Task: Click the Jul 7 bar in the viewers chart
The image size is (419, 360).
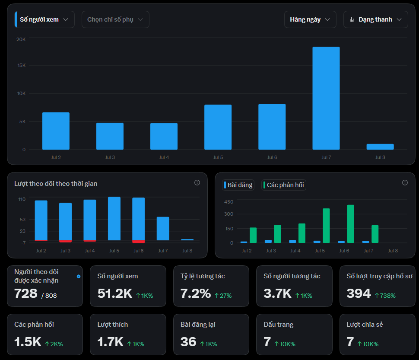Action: [326, 98]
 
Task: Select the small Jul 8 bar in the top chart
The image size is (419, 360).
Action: [380, 147]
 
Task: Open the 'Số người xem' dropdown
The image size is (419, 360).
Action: [44, 19]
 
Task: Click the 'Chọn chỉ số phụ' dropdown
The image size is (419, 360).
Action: [115, 19]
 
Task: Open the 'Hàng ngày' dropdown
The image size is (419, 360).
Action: [310, 19]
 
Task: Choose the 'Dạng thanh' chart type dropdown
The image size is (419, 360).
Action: [375, 19]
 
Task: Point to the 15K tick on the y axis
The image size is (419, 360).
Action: [21, 65]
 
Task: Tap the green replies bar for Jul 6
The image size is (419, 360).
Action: [351, 224]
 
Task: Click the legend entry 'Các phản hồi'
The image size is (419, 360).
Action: [283, 185]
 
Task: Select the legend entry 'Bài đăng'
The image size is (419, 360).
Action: [238, 185]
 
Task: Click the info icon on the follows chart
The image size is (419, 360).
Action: [197, 182]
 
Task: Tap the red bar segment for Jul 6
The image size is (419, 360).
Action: [138, 242]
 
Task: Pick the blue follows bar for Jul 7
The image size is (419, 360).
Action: [163, 229]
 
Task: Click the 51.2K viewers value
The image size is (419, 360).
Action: [115, 293]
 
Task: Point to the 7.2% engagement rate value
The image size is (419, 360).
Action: [196, 293]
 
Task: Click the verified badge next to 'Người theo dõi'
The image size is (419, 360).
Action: [79, 276]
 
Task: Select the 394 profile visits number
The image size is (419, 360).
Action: [359, 293]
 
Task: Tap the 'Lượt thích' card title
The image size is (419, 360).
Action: [112, 325]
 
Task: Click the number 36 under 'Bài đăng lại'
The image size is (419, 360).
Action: [188, 342]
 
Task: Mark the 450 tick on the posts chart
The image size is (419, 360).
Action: [229, 202]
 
